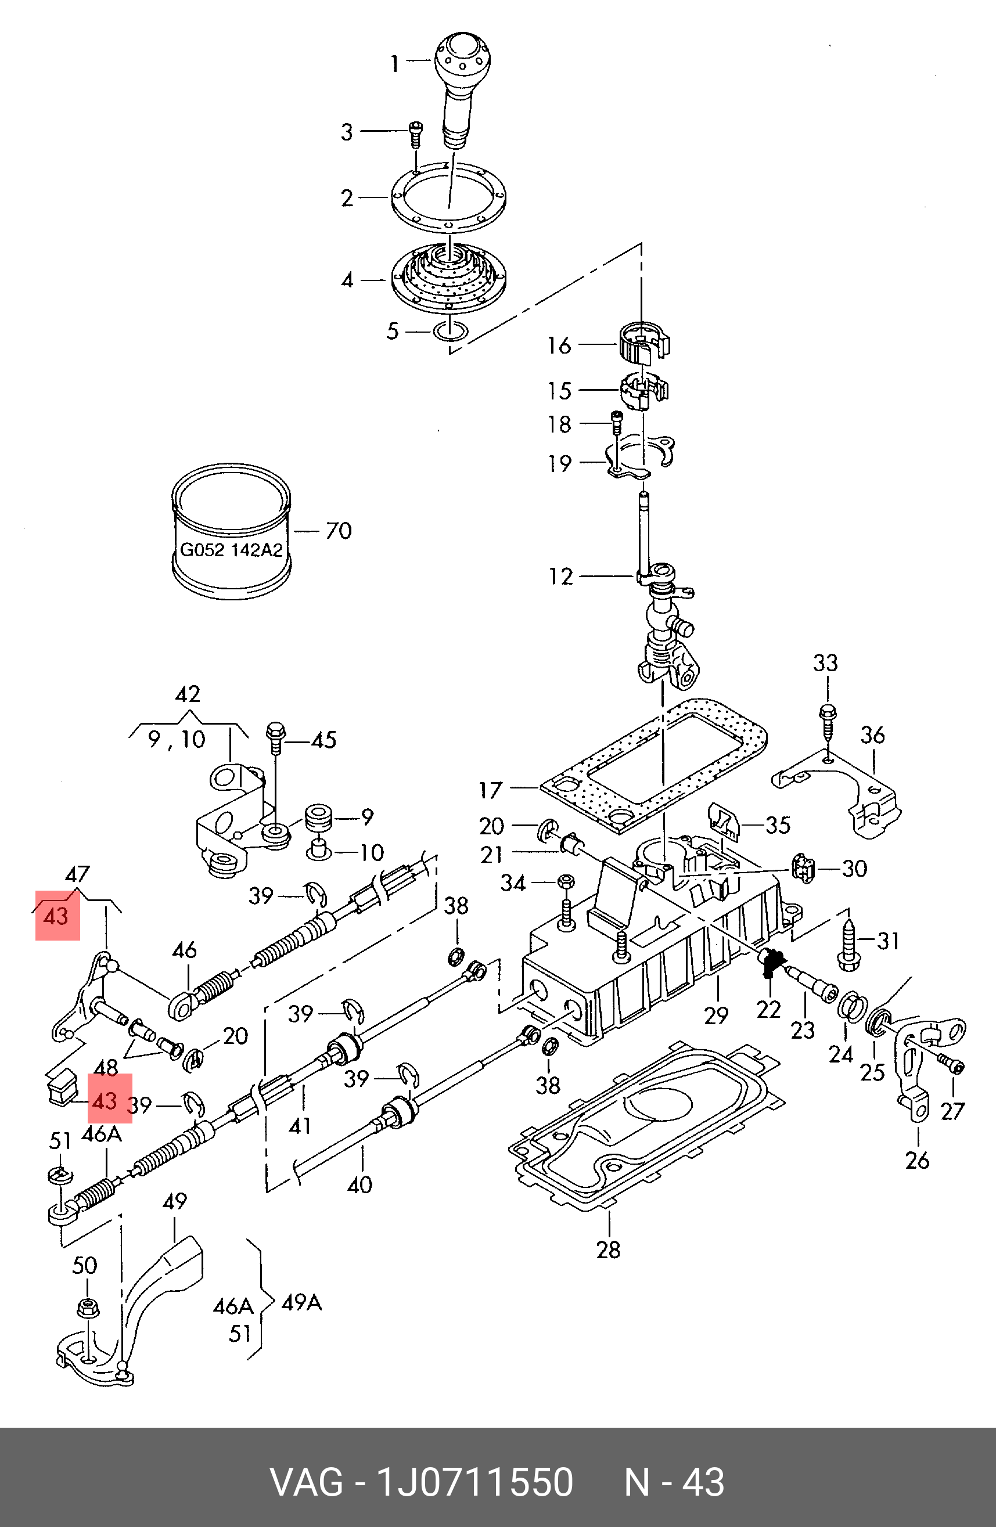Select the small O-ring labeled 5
click(451, 332)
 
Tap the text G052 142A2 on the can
click(231, 550)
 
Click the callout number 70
click(338, 531)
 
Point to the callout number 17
click(490, 790)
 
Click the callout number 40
click(359, 1184)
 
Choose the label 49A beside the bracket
click(301, 1302)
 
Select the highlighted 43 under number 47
click(56, 916)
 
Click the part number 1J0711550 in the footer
click(474, 1482)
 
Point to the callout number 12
click(560, 576)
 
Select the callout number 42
click(188, 694)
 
